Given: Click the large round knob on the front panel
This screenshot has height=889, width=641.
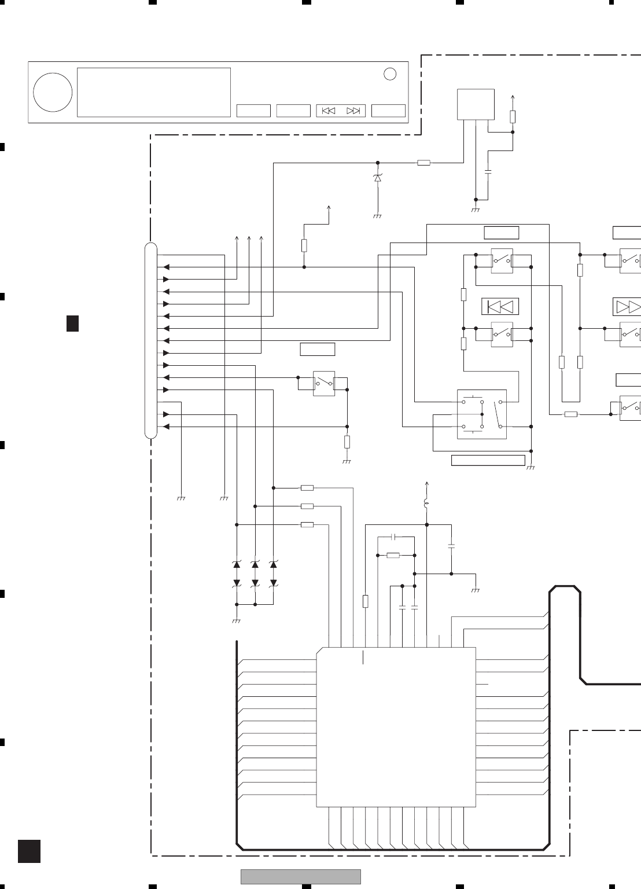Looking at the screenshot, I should pyautogui.click(x=53, y=93).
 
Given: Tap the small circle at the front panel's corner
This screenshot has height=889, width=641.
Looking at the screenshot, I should pyautogui.click(x=391, y=74).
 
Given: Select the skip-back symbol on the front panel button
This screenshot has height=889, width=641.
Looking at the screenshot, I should pyautogui.click(x=329, y=111).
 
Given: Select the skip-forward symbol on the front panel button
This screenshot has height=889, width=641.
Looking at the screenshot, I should pyautogui.click(x=353, y=111).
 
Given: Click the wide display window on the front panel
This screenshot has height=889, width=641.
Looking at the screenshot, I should pyautogui.click(x=154, y=93).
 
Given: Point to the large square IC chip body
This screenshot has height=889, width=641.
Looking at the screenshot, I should pyautogui.click(x=396, y=727).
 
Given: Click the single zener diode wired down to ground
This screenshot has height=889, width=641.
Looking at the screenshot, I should pyautogui.click(x=378, y=179).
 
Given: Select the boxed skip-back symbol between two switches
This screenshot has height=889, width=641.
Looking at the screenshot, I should pyautogui.click(x=500, y=306).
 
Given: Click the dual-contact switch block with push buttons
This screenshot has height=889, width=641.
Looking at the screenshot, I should pyautogui.click(x=482, y=414).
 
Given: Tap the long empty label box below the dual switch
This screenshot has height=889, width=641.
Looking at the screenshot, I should pyautogui.click(x=488, y=460).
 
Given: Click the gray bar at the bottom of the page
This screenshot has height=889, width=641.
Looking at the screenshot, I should pyautogui.click(x=301, y=876).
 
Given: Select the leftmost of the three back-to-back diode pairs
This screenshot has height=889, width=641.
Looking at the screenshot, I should pyautogui.click(x=236, y=573).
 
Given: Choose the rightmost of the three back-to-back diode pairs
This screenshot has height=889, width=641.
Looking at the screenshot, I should pyautogui.click(x=274, y=573).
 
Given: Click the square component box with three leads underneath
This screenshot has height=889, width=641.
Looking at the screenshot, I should pyautogui.click(x=476, y=104).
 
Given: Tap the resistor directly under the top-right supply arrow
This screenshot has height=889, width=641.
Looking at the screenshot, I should pyautogui.click(x=513, y=116).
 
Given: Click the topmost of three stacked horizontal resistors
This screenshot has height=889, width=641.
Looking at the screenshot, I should pyautogui.click(x=307, y=488).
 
